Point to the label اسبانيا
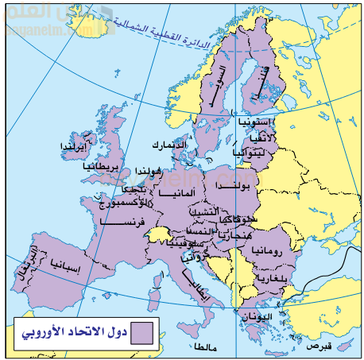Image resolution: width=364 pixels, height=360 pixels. tap(64, 262)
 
